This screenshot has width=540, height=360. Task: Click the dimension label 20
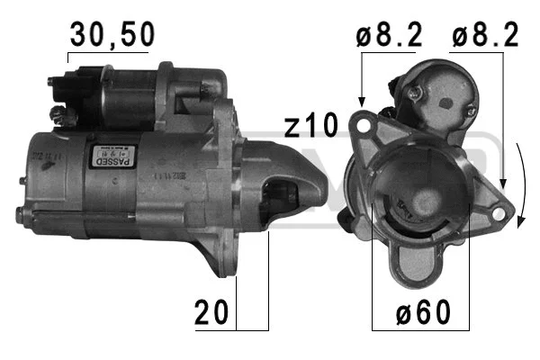212,313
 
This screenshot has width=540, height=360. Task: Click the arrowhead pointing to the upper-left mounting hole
361,103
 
